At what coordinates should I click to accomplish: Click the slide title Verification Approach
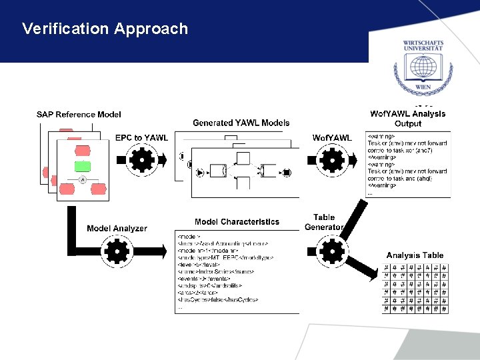click(x=105, y=29)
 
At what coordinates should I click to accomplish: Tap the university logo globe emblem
click(x=421, y=68)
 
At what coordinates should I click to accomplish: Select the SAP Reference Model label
click(x=79, y=115)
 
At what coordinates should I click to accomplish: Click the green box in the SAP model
click(x=83, y=165)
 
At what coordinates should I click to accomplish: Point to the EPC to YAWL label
click(x=141, y=138)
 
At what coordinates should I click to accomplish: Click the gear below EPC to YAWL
click(x=141, y=161)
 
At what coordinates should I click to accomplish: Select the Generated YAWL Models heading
click(x=241, y=123)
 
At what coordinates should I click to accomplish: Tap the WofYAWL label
click(x=331, y=138)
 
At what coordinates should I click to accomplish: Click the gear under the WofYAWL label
click(x=331, y=161)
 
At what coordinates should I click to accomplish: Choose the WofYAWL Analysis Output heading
click(x=408, y=118)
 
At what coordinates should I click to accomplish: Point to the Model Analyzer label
click(x=117, y=229)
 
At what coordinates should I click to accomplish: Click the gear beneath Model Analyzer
click(x=117, y=251)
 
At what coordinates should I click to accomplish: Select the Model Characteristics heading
click(x=237, y=222)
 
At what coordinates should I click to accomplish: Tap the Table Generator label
click(x=324, y=222)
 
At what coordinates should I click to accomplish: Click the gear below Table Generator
click(x=331, y=251)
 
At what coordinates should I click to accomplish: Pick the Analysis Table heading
click(x=415, y=255)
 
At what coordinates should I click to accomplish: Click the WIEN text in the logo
click(x=421, y=87)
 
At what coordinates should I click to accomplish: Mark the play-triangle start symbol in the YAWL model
click(x=200, y=173)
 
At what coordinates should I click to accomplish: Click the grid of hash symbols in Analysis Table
click(x=415, y=288)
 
